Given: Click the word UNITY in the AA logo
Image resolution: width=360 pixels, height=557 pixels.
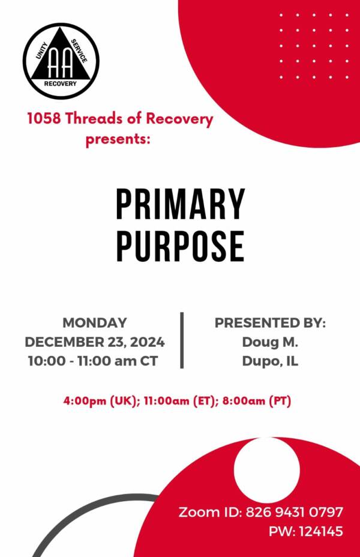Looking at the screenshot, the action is click(x=42, y=51).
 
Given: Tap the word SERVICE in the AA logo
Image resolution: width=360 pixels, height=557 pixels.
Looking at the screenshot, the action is click(x=79, y=51).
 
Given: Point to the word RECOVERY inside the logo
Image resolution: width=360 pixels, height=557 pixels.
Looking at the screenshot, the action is click(x=61, y=83).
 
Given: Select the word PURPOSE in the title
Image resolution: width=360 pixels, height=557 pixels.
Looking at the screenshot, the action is click(x=181, y=246).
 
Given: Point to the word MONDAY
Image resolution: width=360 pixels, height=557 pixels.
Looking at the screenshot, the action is click(x=95, y=322).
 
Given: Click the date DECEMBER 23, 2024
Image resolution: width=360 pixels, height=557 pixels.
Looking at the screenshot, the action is click(x=95, y=342).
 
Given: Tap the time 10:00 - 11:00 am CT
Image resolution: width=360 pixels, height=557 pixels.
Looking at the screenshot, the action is click(x=93, y=361).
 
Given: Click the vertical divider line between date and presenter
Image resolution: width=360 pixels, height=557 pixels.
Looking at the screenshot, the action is click(x=182, y=340).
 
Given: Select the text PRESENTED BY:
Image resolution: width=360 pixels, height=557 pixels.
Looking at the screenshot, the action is click(x=270, y=323).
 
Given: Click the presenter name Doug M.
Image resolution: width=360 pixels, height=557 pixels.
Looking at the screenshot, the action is click(x=270, y=342).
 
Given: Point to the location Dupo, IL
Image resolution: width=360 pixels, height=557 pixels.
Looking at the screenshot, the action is click(x=270, y=361).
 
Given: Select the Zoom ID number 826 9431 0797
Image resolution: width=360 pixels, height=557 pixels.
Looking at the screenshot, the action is click(x=295, y=512).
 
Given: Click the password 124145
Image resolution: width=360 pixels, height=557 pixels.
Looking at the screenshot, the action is click(x=321, y=531).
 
